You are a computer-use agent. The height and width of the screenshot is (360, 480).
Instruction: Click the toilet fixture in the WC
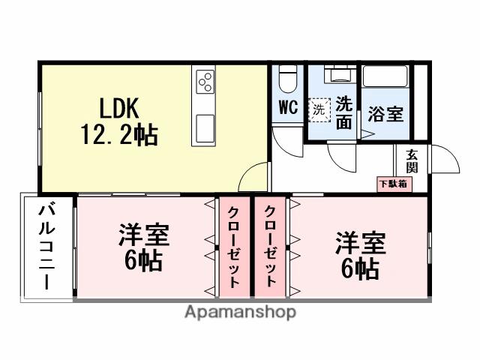(x=288, y=78)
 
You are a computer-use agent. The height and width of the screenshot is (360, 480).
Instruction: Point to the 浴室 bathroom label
(x=386, y=114)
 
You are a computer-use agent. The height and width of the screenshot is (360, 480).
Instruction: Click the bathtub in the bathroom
(x=385, y=77)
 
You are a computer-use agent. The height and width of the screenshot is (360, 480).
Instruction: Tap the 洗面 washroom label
(x=344, y=112)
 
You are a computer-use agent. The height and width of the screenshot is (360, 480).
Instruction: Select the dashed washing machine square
(x=320, y=109)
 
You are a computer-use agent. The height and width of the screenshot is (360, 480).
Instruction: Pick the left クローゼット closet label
(x=235, y=246)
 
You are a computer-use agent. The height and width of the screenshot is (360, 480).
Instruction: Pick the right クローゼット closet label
(x=271, y=246)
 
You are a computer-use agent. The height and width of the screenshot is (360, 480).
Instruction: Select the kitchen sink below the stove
(x=205, y=127)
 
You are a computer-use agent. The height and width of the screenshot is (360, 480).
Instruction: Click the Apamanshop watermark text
(x=239, y=311)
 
